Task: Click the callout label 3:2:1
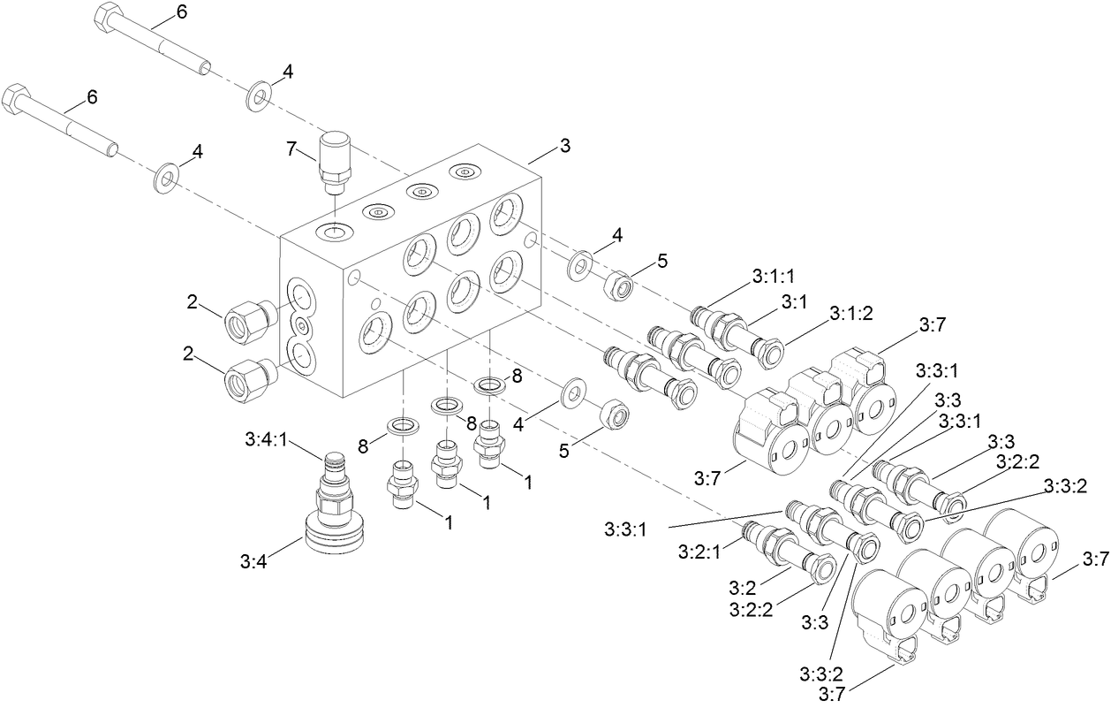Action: tap(699, 552)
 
